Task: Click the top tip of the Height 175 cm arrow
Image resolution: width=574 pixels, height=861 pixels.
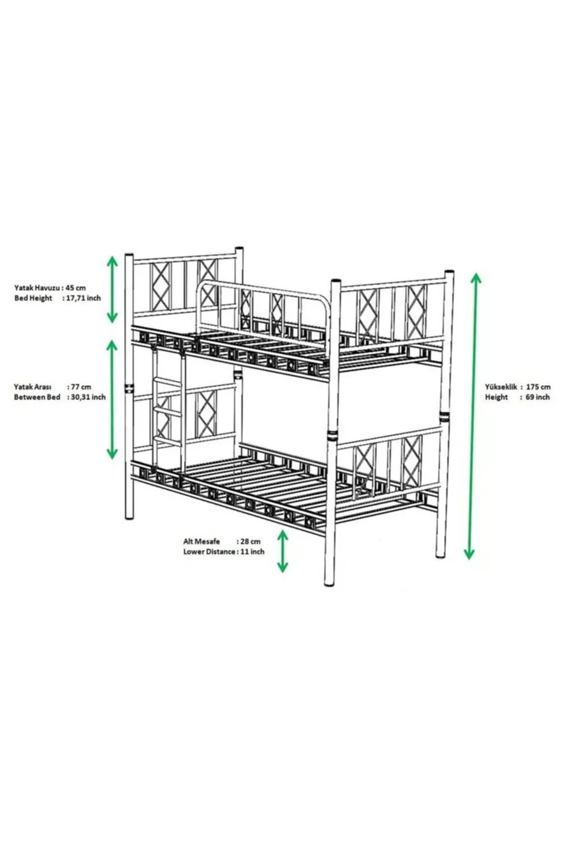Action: pyautogui.click(x=476, y=274)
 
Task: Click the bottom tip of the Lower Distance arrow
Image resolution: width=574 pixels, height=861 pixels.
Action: pyautogui.click(x=283, y=572)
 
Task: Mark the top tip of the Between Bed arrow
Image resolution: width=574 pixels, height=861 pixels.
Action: pyautogui.click(x=112, y=340)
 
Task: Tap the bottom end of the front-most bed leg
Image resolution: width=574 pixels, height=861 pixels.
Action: pyautogui.click(x=329, y=585)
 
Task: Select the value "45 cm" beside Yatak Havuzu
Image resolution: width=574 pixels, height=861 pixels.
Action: pyautogui.click(x=75, y=288)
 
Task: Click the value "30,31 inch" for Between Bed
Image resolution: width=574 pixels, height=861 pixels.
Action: pyautogui.click(x=88, y=397)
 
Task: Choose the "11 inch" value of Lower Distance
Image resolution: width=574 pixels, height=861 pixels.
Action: pyautogui.click(x=252, y=552)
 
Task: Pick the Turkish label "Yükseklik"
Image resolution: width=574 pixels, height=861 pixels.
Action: pyautogui.click(x=501, y=386)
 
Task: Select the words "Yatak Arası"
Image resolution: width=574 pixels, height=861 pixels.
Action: pyautogui.click(x=33, y=386)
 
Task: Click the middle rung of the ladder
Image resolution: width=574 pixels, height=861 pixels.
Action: pyautogui.click(x=168, y=411)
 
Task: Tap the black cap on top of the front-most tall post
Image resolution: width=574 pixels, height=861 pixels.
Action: pyautogui.click(x=335, y=281)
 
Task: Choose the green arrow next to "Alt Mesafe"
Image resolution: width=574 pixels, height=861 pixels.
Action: pyautogui.click(x=283, y=552)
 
